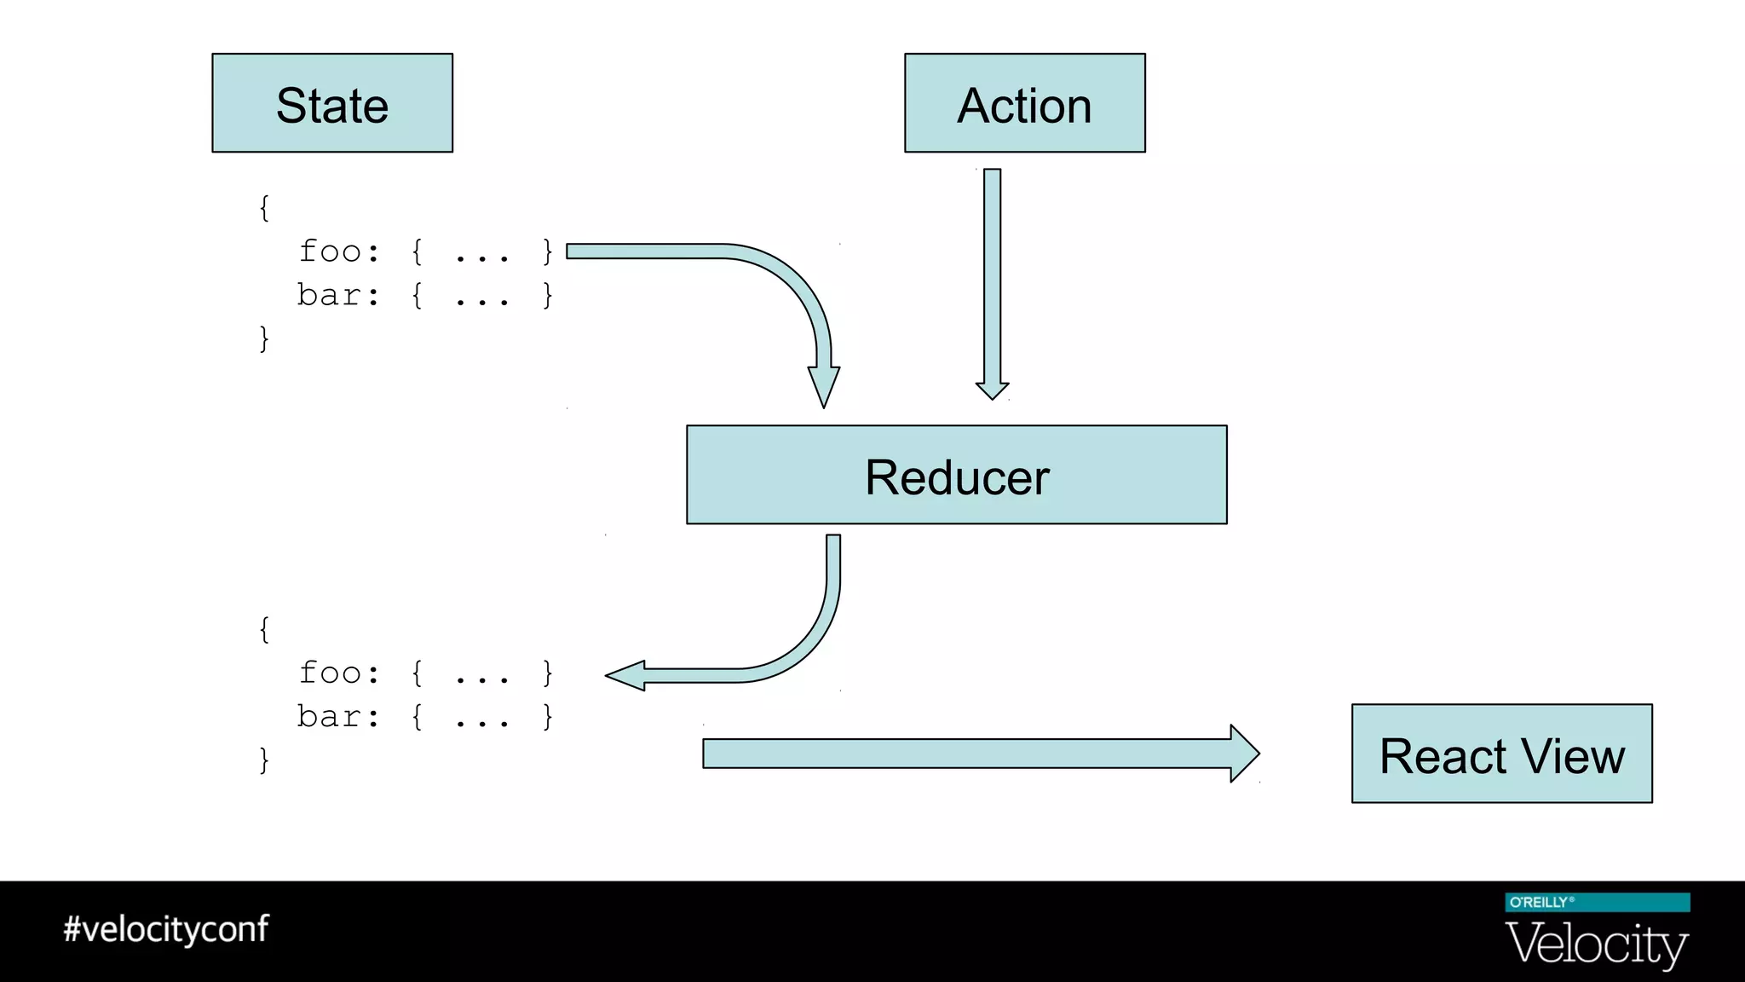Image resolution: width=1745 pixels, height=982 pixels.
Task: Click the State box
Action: click(332, 103)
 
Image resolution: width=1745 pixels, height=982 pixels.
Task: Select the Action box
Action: click(1024, 103)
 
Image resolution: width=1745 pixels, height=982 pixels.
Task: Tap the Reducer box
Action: click(956, 475)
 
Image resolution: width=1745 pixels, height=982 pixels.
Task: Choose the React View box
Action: click(1501, 754)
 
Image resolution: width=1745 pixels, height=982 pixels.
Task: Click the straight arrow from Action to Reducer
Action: click(992, 273)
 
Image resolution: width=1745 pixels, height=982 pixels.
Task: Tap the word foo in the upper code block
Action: click(331, 251)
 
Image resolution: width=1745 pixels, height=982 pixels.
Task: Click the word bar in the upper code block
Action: click(329, 295)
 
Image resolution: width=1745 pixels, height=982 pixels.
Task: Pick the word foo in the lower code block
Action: click(331, 673)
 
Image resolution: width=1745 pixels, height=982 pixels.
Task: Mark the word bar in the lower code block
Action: click(329, 717)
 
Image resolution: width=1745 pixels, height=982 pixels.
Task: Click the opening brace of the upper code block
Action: click(264, 207)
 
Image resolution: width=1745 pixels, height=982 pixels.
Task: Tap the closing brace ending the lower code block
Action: click(264, 760)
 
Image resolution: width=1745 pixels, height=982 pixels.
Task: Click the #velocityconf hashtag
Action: click(166, 929)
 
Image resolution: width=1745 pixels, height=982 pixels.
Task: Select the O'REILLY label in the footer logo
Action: click(1539, 903)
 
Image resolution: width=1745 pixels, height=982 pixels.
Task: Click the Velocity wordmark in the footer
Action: click(1597, 944)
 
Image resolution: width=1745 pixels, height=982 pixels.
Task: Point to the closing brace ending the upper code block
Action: click(264, 338)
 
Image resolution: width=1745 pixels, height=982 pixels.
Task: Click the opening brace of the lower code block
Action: click(264, 630)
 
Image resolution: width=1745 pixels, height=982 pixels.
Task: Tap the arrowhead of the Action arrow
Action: click(992, 390)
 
